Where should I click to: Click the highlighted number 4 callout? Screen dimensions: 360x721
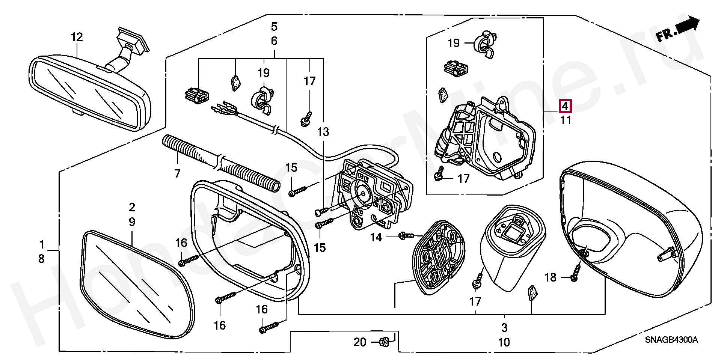pos(565,106)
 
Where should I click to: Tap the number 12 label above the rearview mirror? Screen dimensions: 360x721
pos(77,37)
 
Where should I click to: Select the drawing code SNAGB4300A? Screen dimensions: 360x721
pos(671,340)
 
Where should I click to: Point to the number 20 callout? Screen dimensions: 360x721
pos(360,342)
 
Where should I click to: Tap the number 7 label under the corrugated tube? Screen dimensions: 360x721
pos(177,173)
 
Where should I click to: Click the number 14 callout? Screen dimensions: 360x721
pos(376,237)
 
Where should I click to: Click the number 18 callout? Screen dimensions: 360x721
pos(550,277)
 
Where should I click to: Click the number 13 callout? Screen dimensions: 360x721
pos(323,132)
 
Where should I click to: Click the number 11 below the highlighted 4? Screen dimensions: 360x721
pos(566,121)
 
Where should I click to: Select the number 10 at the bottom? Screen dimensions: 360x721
pos(504,342)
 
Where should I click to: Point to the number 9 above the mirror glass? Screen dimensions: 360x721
pos(132,221)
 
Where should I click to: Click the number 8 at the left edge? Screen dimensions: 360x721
pos(41,259)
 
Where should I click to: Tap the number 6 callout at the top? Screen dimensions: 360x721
pos(274,41)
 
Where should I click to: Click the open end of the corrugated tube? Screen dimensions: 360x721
pos(275,186)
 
